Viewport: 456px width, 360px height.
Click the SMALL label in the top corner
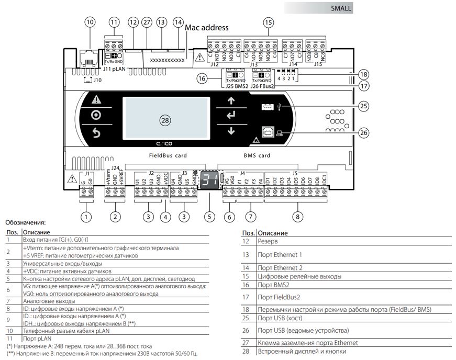click(341, 9)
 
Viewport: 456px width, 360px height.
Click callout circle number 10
click(90, 22)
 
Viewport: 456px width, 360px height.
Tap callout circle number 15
click(269, 22)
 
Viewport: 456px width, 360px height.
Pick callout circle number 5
click(210, 215)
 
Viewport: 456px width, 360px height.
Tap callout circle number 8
click(297, 215)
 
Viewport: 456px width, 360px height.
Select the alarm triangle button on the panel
click(96, 100)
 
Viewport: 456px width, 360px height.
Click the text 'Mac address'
click(207, 27)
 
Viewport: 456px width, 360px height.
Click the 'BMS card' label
click(257, 155)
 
